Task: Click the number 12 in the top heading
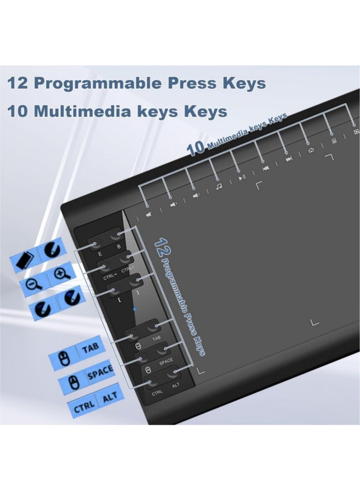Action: [x=20, y=84]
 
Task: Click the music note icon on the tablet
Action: [x=218, y=186]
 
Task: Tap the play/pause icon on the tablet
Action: [x=242, y=177]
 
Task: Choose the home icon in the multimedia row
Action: [x=311, y=151]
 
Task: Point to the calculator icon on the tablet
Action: [x=333, y=141]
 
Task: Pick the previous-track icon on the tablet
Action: [x=265, y=168]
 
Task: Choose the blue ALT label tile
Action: [x=109, y=396]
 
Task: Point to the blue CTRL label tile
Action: [x=84, y=406]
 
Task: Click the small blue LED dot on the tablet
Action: [x=134, y=309]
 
